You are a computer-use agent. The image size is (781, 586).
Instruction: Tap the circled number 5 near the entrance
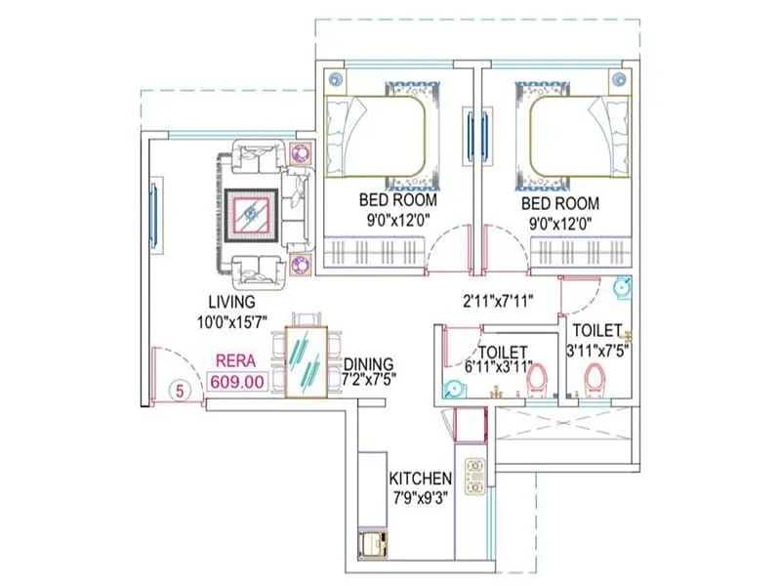[179, 390]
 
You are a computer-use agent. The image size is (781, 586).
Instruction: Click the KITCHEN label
[420, 479]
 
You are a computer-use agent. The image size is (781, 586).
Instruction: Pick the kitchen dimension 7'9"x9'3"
[420, 496]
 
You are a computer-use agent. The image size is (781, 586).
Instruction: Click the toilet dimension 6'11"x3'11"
[501, 367]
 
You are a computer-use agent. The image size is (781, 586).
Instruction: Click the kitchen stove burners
[476, 475]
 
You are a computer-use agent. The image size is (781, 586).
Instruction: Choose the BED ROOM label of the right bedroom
[559, 204]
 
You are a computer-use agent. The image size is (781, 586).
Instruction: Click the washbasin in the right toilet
[621, 287]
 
